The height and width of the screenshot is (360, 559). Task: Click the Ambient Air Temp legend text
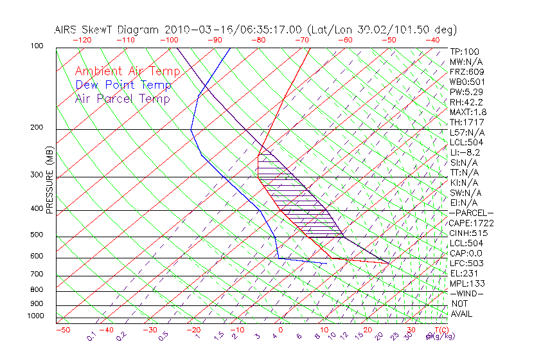coord(127,71)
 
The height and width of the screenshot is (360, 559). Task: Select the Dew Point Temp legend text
coord(123,85)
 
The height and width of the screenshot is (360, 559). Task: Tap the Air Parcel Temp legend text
coord(123,98)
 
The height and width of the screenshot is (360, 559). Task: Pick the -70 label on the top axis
coord(301,40)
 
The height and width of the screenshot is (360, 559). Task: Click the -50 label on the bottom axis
coord(62,330)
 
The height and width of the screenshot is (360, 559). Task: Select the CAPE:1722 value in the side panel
coord(471,223)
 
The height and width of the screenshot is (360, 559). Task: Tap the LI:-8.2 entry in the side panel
coord(465,152)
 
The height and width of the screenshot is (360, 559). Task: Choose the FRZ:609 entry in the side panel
coord(467,72)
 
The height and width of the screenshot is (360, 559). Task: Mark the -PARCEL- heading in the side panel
coord(471,213)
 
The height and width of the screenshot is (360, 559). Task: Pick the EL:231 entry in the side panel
coord(463,273)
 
